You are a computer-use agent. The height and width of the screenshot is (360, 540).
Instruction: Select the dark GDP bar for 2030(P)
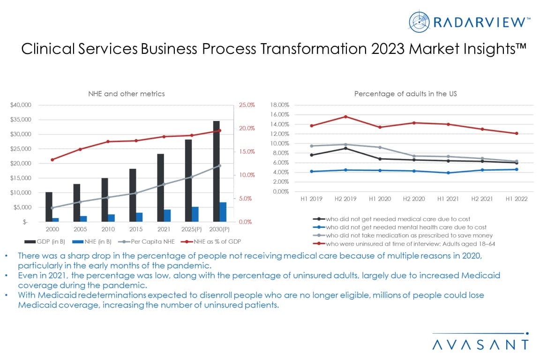(x=216, y=171)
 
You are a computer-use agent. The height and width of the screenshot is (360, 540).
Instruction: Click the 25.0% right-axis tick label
(x=247, y=105)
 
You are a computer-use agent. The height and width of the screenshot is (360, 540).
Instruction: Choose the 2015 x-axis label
(x=136, y=230)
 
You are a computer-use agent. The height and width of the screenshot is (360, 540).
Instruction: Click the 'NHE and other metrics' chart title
(x=127, y=94)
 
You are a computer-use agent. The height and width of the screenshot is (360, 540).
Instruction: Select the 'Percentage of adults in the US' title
(x=405, y=94)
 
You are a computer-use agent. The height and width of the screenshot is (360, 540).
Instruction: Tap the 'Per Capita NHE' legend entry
(x=145, y=241)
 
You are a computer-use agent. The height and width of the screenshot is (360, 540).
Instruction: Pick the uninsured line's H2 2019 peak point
(x=345, y=117)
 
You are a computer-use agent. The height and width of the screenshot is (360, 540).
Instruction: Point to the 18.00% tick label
(x=280, y=105)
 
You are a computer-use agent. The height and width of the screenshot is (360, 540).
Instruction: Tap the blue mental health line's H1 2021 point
(x=448, y=172)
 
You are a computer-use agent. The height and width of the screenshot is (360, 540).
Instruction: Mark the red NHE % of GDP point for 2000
(x=52, y=159)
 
